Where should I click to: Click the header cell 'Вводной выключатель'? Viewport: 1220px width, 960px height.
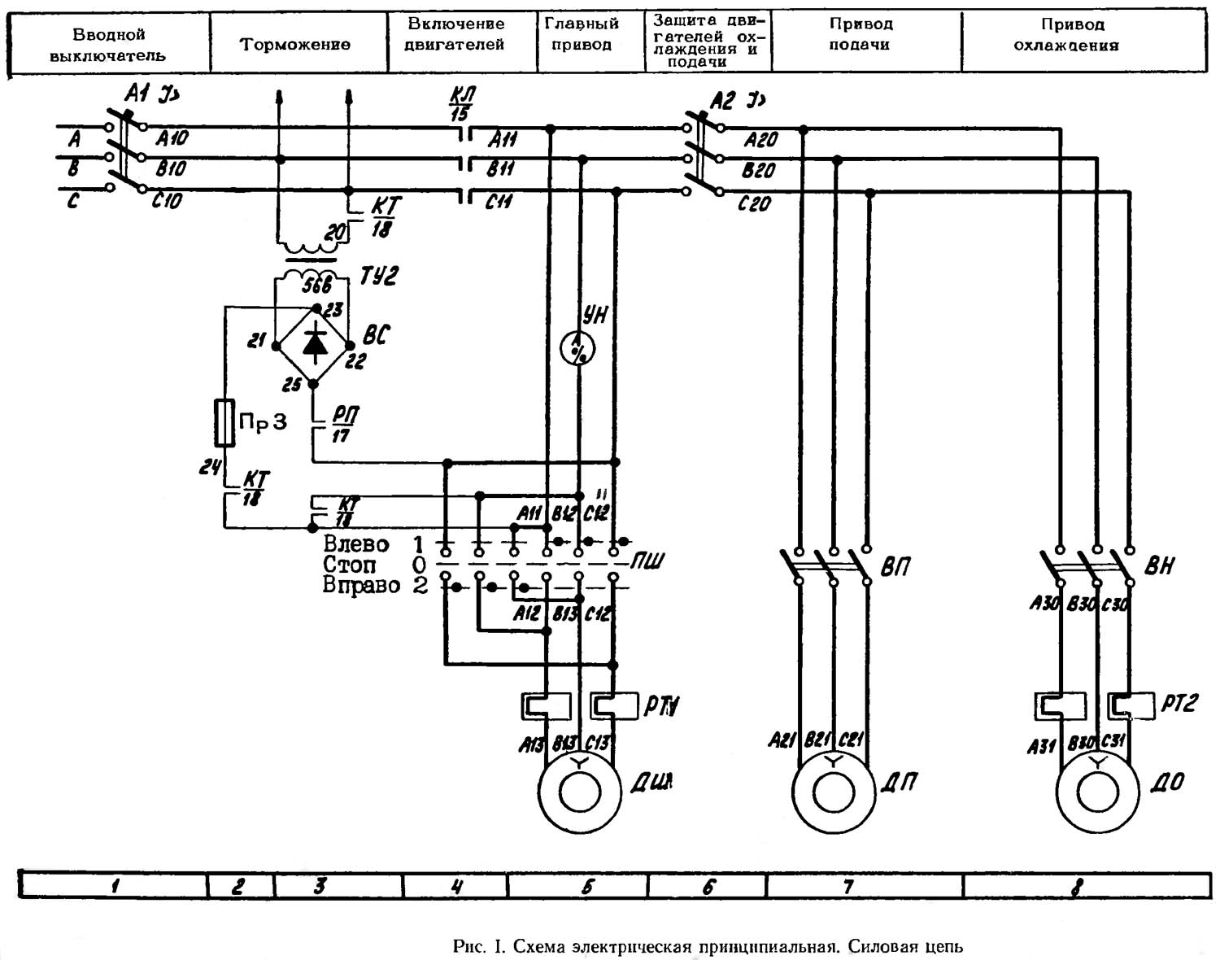(x=108, y=45)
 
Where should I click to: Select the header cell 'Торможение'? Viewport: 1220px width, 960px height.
(x=294, y=44)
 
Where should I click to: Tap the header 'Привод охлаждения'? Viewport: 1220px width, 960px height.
(x=1066, y=36)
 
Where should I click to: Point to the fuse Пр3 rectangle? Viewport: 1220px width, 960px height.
(x=224, y=423)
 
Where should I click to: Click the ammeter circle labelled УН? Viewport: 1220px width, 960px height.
(x=578, y=349)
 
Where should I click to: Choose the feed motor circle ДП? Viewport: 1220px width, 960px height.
(x=833, y=792)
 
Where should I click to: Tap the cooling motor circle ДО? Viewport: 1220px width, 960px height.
(x=1097, y=792)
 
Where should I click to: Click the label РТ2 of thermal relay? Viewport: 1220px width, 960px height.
(x=1179, y=704)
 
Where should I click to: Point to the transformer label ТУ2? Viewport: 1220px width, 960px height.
(x=379, y=277)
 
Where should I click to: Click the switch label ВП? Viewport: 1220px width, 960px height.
(x=895, y=567)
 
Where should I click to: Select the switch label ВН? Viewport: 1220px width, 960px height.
(x=1159, y=566)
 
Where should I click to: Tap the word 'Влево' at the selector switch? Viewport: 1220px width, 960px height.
(x=355, y=543)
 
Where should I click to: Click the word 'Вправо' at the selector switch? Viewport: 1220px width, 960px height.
(x=361, y=585)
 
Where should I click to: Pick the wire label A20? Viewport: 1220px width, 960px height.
(x=760, y=141)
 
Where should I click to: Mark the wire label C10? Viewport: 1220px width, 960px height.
(x=167, y=200)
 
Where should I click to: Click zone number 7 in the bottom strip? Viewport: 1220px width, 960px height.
(x=848, y=886)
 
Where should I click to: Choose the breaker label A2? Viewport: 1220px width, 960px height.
(x=723, y=101)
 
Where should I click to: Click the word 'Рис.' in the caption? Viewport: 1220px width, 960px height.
(x=468, y=947)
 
